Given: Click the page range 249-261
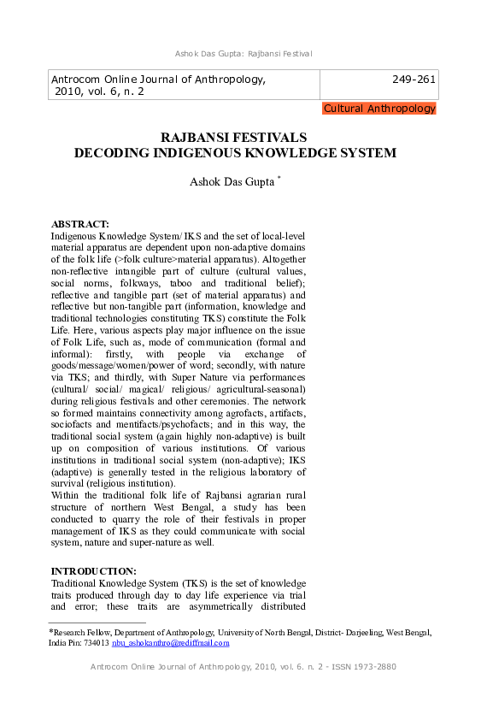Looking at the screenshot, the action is point(414,80).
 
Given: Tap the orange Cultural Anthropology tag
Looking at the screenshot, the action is point(379,109).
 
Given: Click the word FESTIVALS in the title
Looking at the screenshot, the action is point(266,137).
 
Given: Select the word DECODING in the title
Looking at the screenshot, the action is point(109,153).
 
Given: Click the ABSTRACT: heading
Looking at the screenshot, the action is point(80,224).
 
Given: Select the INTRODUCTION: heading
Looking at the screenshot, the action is point(93,570).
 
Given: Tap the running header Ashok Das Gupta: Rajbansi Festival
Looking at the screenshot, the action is point(243,55).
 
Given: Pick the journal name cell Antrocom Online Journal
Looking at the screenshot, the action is point(158,80).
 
